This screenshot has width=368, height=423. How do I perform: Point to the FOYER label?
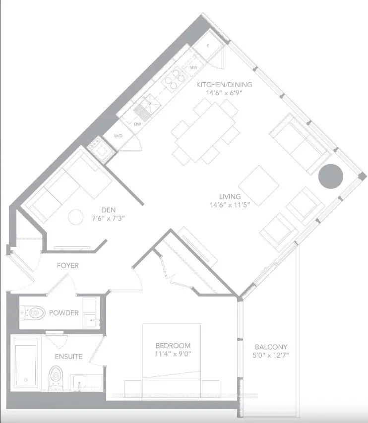pos(67,266)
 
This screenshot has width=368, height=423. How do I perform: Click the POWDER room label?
pos(63,313)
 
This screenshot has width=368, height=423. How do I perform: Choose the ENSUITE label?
pos(69,357)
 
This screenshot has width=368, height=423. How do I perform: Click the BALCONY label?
pos(271,347)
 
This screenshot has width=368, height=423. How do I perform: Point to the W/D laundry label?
pos(119,135)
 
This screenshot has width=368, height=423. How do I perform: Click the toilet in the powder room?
pos(34,313)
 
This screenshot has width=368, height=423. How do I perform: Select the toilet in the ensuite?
pos(56,378)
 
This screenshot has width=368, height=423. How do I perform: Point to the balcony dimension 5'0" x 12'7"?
pos(271,355)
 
